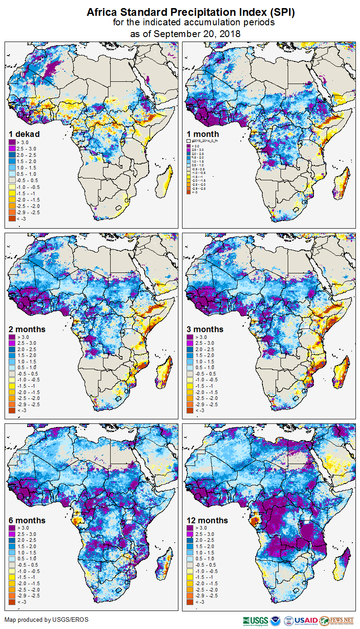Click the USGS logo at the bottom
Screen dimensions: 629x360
click(x=256, y=620)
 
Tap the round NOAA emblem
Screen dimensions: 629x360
click(x=276, y=620)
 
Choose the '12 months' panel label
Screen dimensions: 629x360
click(x=207, y=521)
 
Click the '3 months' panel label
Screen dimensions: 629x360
click(x=205, y=329)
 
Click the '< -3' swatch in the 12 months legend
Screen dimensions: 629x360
click(x=190, y=601)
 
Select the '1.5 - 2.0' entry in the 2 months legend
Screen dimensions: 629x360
click(x=27, y=356)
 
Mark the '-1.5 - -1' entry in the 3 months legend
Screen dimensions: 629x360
click(x=204, y=386)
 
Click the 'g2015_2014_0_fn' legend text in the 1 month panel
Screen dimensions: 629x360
click(x=205, y=141)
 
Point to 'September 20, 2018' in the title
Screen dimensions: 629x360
click(x=196, y=34)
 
